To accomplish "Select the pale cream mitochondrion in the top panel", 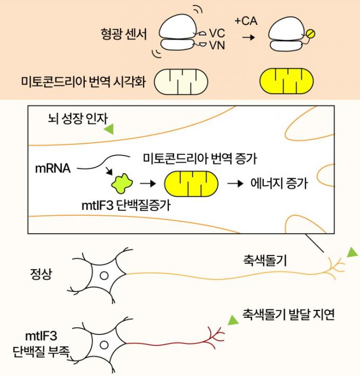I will click(181, 82).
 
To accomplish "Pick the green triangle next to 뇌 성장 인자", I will click(109, 128).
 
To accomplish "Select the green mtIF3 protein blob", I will click(122, 184).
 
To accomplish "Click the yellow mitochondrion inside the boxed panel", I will click(191, 184).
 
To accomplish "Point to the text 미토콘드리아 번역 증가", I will click(203, 158).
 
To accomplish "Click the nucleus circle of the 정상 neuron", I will click(104, 276).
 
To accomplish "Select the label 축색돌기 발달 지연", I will click(289, 315).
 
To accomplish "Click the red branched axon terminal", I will click(214, 335).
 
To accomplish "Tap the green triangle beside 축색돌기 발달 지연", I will click(232, 319).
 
